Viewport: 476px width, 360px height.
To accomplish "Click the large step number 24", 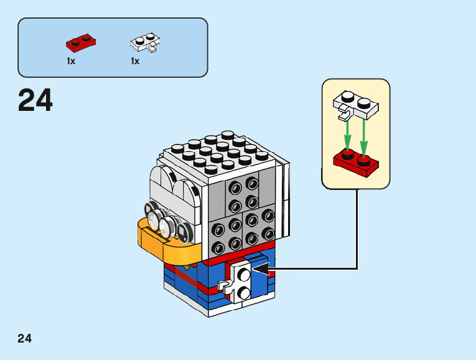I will (35, 100).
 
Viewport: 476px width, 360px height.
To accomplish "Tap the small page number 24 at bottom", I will (24, 339).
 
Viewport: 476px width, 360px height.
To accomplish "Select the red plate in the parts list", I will (81, 43).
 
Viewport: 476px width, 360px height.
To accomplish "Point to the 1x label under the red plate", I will (71, 61).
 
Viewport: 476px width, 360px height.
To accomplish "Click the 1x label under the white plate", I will (135, 61).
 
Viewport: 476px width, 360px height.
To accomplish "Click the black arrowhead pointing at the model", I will (261, 269).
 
